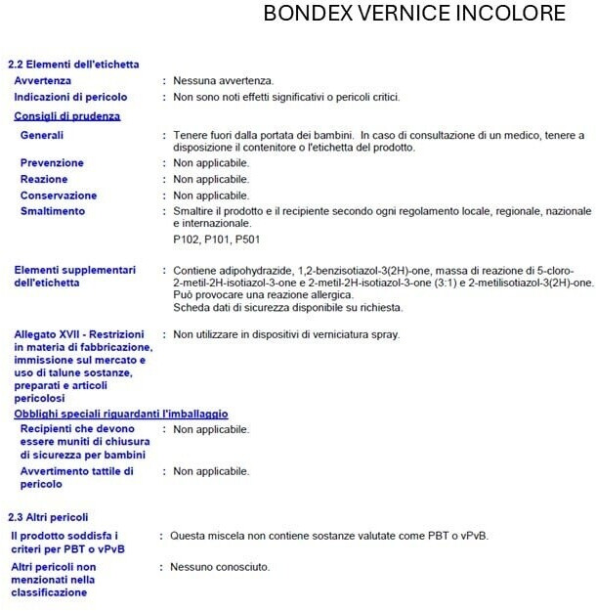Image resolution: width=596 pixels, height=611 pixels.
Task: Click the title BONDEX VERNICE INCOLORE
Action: click(x=414, y=15)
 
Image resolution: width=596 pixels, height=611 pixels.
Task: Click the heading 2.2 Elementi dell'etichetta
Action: click(x=73, y=65)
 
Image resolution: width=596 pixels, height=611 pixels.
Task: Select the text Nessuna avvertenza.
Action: click(x=223, y=80)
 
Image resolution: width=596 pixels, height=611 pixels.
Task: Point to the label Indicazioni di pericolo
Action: click(x=70, y=97)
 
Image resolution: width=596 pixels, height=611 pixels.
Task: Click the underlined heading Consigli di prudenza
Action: click(x=67, y=115)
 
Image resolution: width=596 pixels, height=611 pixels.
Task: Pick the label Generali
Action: click(x=42, y=135)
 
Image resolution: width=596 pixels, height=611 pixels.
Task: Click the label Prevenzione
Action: click(x=52, y=162)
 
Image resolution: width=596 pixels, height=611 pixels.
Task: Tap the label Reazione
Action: click(x=44, y=179)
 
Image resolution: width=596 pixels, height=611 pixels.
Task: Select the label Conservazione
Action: click(x=59, y=196)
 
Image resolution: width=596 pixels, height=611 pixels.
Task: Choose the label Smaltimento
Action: click(x=53, y=211)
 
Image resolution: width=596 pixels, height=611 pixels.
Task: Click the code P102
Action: click(x=187, y=240)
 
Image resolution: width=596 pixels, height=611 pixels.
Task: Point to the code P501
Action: click(x=246, y=240)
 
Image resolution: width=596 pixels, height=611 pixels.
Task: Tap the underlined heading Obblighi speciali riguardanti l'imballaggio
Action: click(x=121, y=414)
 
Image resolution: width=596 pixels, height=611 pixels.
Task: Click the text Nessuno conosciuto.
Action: click(x=220, y=567)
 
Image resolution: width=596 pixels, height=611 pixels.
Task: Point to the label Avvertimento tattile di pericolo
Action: click(x=77, y=477)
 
